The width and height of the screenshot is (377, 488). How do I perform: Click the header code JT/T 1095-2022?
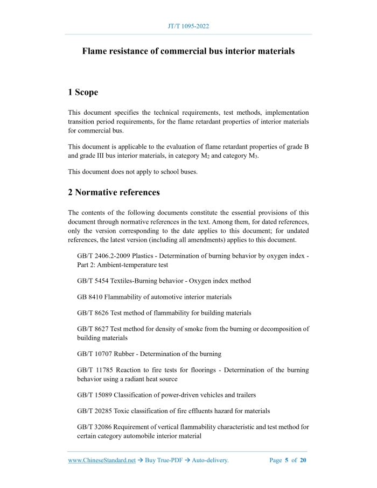(x=188, y=25)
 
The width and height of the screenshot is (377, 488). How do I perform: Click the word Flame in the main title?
(x=95, y=52)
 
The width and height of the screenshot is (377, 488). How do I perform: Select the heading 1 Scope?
(x=83, y=93)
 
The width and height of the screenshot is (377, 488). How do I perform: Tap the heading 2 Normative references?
(x=114, y=192)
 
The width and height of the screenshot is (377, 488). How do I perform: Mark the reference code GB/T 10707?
(x=96, y=354)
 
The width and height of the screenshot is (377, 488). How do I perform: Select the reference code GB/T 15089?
(x=96, y=395)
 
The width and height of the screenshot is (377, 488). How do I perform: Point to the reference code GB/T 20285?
(x=96, y=411)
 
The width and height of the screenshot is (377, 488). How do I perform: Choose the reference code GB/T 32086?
(x=96, y=427)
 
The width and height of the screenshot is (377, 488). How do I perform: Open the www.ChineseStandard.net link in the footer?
(x=102, y=461)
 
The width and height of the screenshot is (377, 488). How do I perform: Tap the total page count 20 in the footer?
(x=303, y=461)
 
